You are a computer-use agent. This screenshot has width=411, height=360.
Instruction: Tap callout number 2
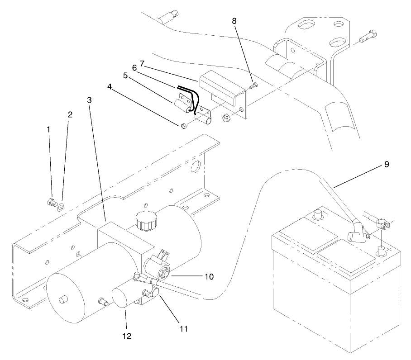coord(70,114)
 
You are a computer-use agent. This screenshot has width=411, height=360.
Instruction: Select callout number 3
coord(90,99)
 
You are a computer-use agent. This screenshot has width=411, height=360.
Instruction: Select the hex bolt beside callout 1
coord(51,202)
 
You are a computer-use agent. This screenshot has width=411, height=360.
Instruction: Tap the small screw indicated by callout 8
coord(253,85)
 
